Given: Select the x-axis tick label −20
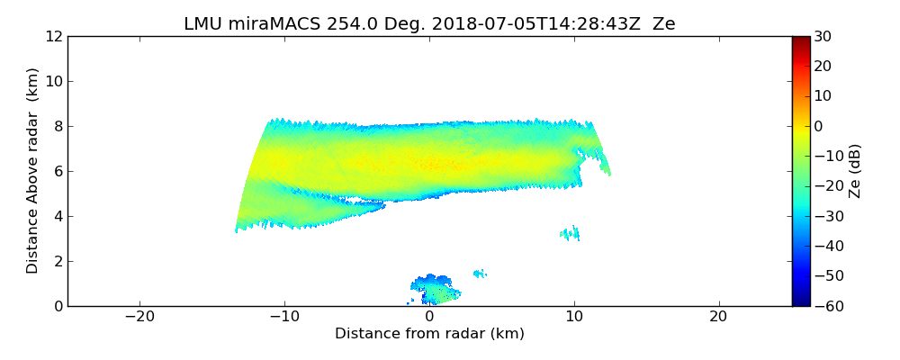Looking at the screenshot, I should click(139, 317).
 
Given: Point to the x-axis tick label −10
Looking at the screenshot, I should click(284, 317).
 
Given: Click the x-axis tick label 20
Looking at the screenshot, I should click(718, 317).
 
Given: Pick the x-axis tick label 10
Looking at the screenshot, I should click(574, 317).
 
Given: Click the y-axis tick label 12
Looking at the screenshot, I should click(54, 36).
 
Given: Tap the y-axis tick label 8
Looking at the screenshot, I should click(58, 126).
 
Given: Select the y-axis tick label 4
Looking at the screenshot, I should click(58, 216).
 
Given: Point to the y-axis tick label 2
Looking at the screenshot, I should click(58, 261).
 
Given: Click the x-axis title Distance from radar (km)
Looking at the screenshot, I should click(429, 334).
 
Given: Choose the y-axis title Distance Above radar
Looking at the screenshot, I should click(33, 171).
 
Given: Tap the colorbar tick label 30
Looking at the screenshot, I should click(822, 36).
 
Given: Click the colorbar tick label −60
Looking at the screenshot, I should click(825, 306).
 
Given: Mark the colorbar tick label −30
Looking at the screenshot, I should click(825, 216).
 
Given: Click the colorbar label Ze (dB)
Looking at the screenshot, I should click(855, 171).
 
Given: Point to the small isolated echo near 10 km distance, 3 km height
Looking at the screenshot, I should click(570, 234).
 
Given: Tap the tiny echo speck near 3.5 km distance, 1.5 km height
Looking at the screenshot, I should click(480, 273).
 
